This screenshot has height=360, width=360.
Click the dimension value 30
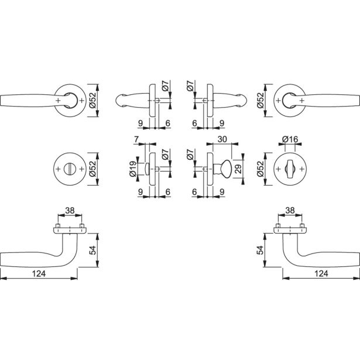point(222,139)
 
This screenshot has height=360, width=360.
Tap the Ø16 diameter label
point(290,139)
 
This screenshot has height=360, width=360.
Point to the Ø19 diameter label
point(133,169)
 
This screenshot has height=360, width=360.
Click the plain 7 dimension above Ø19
point(136,139)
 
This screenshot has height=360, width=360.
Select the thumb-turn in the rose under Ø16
point(290,169)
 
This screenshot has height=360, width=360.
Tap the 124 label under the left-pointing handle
point(39,273)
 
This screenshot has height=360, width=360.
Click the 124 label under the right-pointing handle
point(321,273)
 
